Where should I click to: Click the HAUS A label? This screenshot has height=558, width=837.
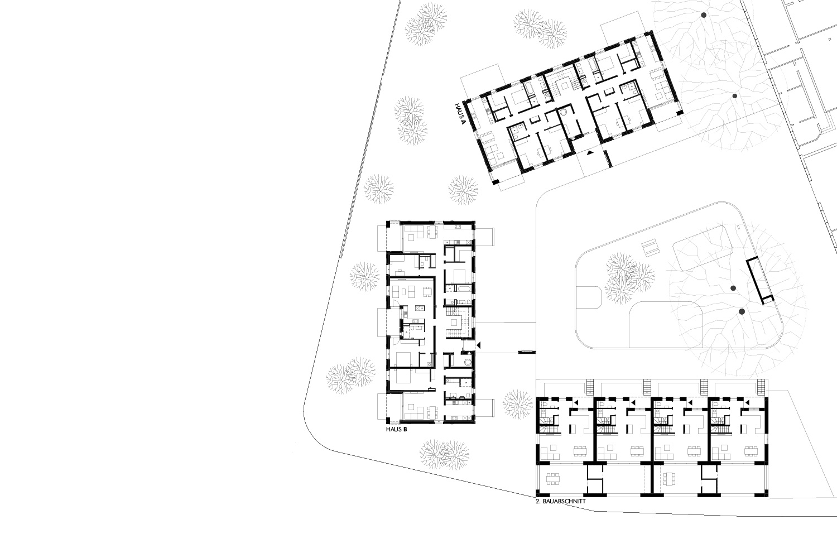(x=460, y=114)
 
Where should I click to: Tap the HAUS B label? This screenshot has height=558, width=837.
(x=396, y=430)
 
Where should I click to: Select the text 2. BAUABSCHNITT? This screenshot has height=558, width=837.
(x=560, y=502)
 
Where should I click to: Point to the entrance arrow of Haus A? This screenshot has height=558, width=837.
(x=590, y=152)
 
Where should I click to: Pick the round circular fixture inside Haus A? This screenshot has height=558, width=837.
(x=563, y=112)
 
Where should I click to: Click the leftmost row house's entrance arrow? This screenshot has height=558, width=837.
(x=576, y=402)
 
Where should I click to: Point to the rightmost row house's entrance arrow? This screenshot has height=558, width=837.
(x=747, y=402)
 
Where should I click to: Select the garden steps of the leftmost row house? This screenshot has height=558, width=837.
(x=590, y=387)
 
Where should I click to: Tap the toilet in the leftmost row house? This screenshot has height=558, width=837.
(x=544, y=405)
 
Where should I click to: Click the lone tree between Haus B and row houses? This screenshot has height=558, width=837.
(x=517, y=405)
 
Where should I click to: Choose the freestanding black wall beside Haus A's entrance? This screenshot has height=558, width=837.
(x=609, y=158)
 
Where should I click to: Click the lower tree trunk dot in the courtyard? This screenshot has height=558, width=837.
(x=742, y=311)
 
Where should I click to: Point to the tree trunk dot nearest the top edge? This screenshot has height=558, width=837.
(x=704, y=15)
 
